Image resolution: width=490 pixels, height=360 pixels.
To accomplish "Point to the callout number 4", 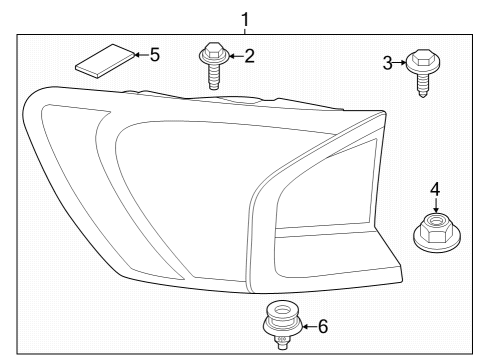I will (434, 188).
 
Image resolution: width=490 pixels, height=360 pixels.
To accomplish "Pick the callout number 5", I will (155, 54).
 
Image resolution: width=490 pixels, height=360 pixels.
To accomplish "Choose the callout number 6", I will (322, 325).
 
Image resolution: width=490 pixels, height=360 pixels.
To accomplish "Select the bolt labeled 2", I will (213, 63).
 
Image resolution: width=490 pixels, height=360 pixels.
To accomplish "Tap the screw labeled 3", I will (423, 74).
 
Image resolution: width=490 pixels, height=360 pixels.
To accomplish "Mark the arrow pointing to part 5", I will (138, 54).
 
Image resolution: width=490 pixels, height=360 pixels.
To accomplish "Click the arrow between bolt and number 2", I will (232, 57).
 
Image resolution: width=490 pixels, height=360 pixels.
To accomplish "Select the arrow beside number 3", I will (403, 64).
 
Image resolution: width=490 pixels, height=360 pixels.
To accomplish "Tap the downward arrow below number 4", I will (434, 207).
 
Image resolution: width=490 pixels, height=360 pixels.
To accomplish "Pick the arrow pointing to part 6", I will (304, 325).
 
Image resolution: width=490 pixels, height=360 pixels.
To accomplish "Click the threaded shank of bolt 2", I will (214, 78).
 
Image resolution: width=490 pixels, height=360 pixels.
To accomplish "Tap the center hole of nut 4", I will (435, 223).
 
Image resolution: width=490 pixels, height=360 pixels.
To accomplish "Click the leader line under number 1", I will (246, 29).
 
